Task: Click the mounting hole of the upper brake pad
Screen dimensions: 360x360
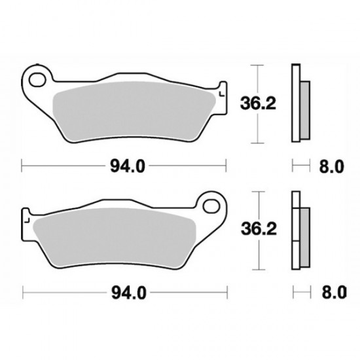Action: [x=37, y=82]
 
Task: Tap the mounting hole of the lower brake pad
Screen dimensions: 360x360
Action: [x=211, y=206]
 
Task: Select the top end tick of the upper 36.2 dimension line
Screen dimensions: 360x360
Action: [x=260, y=65]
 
